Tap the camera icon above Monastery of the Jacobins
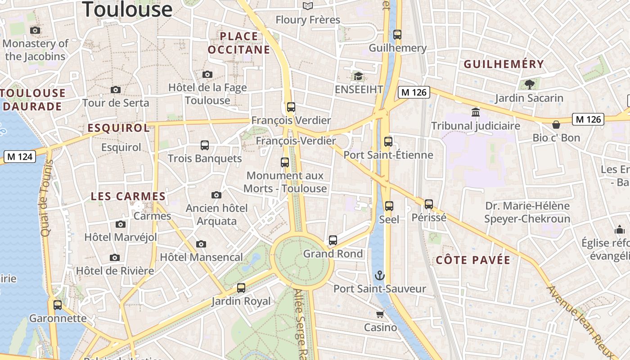click(x=35, y=31)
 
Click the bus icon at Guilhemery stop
click(x=397, y=35)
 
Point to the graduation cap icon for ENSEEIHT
click(x=358, y=76)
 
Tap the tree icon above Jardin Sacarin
click(x=529, y=84)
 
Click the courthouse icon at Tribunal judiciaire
click(x=476, y=112)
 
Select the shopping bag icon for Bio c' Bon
click(x=556, y=124)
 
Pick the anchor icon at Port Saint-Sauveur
click(x=380, y=275)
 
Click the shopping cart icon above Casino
click(x=380, y=314)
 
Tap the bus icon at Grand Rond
click(x=333, y=240)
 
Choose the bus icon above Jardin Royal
click(x=241, y=288)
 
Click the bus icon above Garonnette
click(x=58, y=305)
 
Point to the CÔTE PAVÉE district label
click(x=473, y=260)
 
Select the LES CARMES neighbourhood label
click(x=128, y=197)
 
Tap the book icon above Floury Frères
click(x=308, y=6)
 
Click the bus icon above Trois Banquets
click(x=205, y=145)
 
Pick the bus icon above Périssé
click(x=429, y=204)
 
